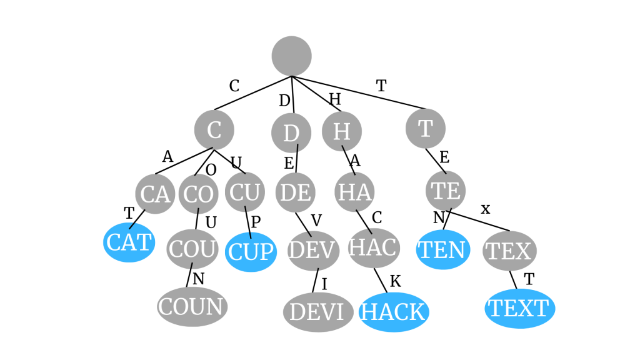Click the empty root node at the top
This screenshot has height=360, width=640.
[291, 56]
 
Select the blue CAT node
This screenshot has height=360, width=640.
[129, 242]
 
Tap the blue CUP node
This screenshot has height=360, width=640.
[251, 252]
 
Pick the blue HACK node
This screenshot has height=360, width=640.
[394, 312]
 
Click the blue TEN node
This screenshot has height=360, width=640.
[442, 249]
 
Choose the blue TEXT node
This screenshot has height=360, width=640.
[519, 308]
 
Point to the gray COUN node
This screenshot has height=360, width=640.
[192, 307]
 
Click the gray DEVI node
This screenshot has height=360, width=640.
[318, 312]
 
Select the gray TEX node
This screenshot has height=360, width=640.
[509, 251]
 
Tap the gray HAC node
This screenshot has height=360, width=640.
[374, 247]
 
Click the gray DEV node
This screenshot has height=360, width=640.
[313, 251]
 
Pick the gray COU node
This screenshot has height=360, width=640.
[192, 249]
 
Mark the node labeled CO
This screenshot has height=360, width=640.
[199, 194]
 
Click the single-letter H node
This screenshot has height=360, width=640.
[342, 131]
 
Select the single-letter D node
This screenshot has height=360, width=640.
[291, 132]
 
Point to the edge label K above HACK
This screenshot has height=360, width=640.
[395, 281]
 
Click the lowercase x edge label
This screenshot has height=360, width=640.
[486, 209]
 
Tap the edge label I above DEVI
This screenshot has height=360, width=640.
[324, 284]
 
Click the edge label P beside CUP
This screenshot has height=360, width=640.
[256, 222]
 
